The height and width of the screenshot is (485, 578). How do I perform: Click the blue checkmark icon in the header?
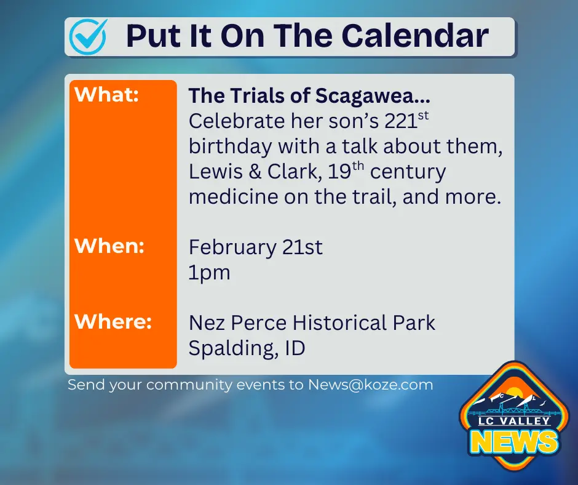pyautogui.click(x=88, y=36)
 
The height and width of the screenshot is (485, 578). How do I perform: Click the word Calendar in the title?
pyautogui.click(x=416, y=36)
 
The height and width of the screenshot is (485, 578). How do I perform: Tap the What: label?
pyautogui.click(x=106, y=95)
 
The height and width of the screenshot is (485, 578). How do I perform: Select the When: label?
pyautogui.click(x=109, y=246)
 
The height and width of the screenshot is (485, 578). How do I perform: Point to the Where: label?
pyautogui.click(x=113, y=322)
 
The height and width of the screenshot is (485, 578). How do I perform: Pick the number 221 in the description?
pyautogui.click(x=400, y=121)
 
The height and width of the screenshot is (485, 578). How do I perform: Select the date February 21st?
pyautogui.click(x=255, y=247)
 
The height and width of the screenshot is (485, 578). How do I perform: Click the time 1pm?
pyautogui.click(x=209, y=273)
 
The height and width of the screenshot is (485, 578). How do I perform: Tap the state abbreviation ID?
pyautogui.click(x=295, y=348)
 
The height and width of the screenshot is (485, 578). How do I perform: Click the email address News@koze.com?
pyautogui.click(x=371, y=385)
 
